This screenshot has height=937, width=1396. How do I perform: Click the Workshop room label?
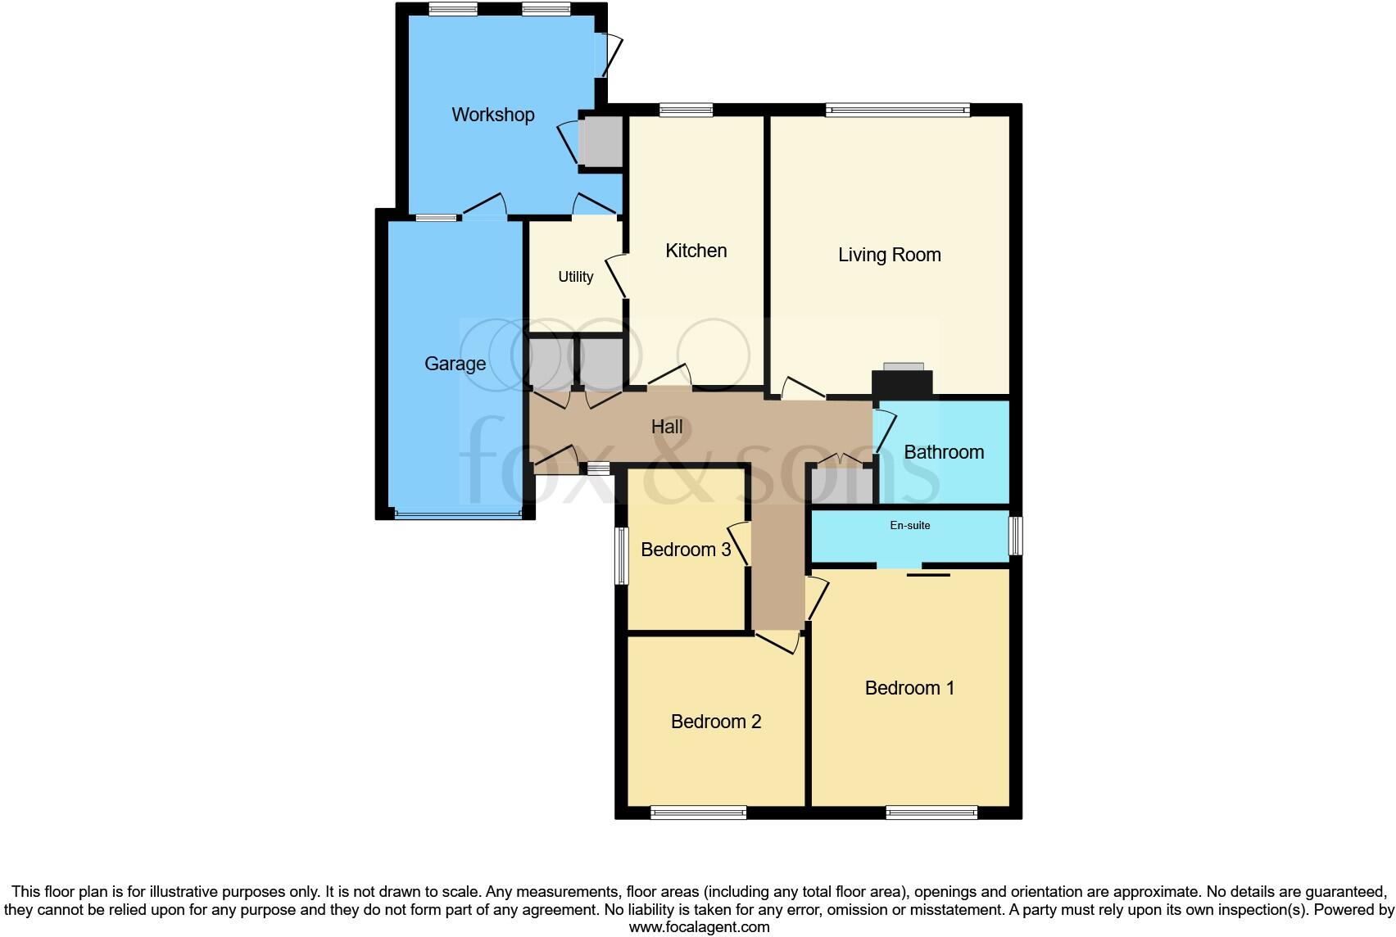(492, 115)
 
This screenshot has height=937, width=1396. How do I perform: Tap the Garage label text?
(455, 364)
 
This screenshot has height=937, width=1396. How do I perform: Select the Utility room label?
(575, 277)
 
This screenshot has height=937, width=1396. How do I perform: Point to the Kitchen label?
(696, 251)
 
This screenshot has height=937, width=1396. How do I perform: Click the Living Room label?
(889, 255)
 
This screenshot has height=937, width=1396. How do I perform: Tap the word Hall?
(667, 427)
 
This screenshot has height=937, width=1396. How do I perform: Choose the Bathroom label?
(944, 452)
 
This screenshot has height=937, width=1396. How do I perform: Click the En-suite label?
(910, 526)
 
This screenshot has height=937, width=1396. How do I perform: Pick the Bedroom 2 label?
(715, 722)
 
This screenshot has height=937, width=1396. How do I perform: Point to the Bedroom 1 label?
(909, 688)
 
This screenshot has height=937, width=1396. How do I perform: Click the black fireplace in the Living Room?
(902, 383)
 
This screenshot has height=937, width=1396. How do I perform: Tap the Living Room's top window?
(897, 110)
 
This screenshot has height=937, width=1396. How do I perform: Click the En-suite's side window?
(1016, 536)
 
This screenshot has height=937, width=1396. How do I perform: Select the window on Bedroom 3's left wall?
(621, 555)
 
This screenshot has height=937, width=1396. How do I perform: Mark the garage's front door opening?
(457, 515)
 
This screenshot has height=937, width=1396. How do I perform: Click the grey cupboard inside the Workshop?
(601, 142)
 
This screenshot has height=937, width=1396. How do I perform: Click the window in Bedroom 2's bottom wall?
(698, 813)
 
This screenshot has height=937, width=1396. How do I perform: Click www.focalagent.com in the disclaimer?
(698, 927)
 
